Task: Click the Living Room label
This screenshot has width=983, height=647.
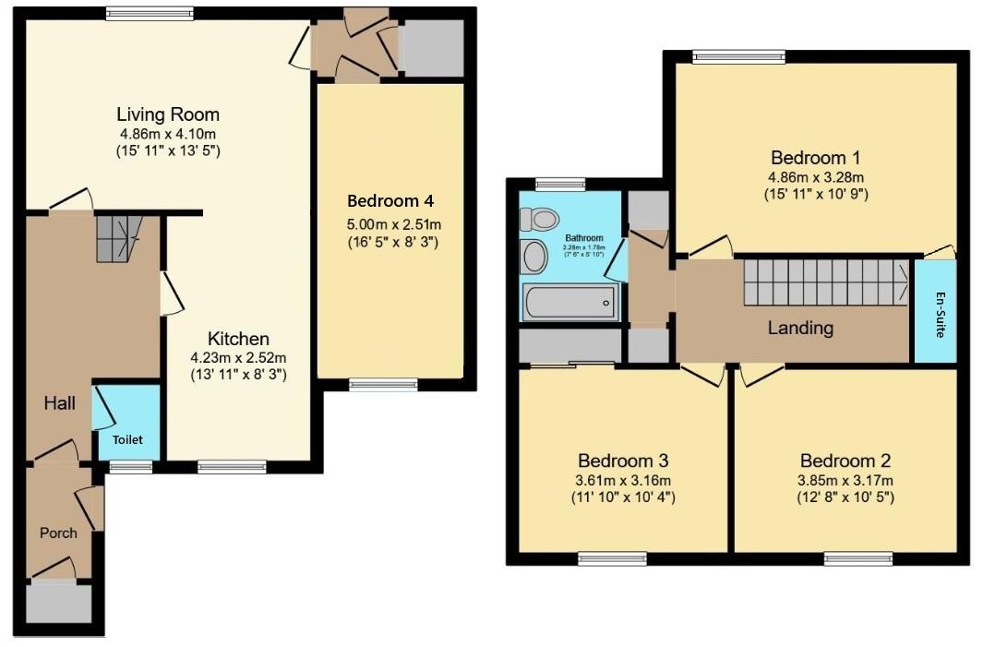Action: (x=168, y=114)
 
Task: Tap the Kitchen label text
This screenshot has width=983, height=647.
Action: (x=238, y=339)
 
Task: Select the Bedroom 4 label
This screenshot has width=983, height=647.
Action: (x=390, y=201)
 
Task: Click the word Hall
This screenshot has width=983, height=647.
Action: (x=60, y=403)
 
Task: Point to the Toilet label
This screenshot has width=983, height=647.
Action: (x=127, y=439)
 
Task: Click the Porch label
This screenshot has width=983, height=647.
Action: (x=58, y=533)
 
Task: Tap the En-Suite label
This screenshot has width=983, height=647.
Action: (x=940, y=315)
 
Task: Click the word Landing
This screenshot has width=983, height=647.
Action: (x=800, y=328)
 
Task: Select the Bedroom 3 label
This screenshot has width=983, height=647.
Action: (x=623, y=461)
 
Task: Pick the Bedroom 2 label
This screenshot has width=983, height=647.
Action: (x=845, y=461)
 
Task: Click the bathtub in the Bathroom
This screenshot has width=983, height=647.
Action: (x=569, y=302)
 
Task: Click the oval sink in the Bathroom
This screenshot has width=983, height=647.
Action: (x=534, y=257)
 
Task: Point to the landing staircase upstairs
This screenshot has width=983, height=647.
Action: (x=826, y=283)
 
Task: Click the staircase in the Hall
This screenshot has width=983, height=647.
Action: (x=119, y=238)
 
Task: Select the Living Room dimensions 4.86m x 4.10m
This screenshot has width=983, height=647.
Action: (x=168, y=134)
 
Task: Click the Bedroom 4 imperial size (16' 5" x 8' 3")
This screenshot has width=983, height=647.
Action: (x=392, y=242)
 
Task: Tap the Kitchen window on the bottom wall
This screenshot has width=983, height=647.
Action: (x=232, y=466)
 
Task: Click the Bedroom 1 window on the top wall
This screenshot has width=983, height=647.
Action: (x=739, y=57)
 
